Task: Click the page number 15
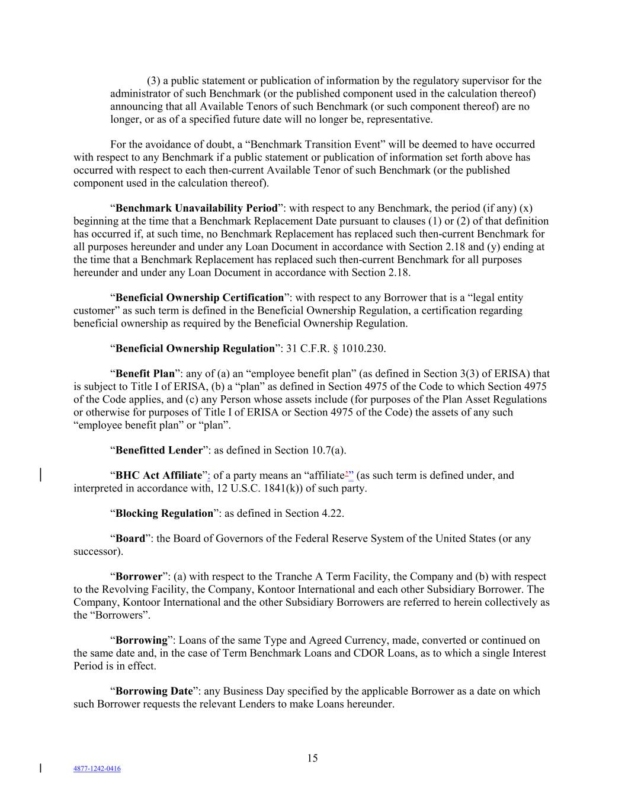[x=312, y=758]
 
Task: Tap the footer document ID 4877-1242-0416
[x=97, y=769]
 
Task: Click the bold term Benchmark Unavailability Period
[x=196, y=208]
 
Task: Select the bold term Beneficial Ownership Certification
[x=200, y=298]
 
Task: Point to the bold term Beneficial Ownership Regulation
[x=195, y=348]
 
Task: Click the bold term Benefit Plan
[x=145, y=374]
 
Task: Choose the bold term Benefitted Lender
[x=159, y=450]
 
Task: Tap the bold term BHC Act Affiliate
[x=159, y=475]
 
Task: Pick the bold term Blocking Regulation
[x=164, y=513]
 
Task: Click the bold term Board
[x=130, y=539]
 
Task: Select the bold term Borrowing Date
[x=154, y=691]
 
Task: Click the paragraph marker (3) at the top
[x=153, y=81]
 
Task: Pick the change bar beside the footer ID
[x=40, y=768]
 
